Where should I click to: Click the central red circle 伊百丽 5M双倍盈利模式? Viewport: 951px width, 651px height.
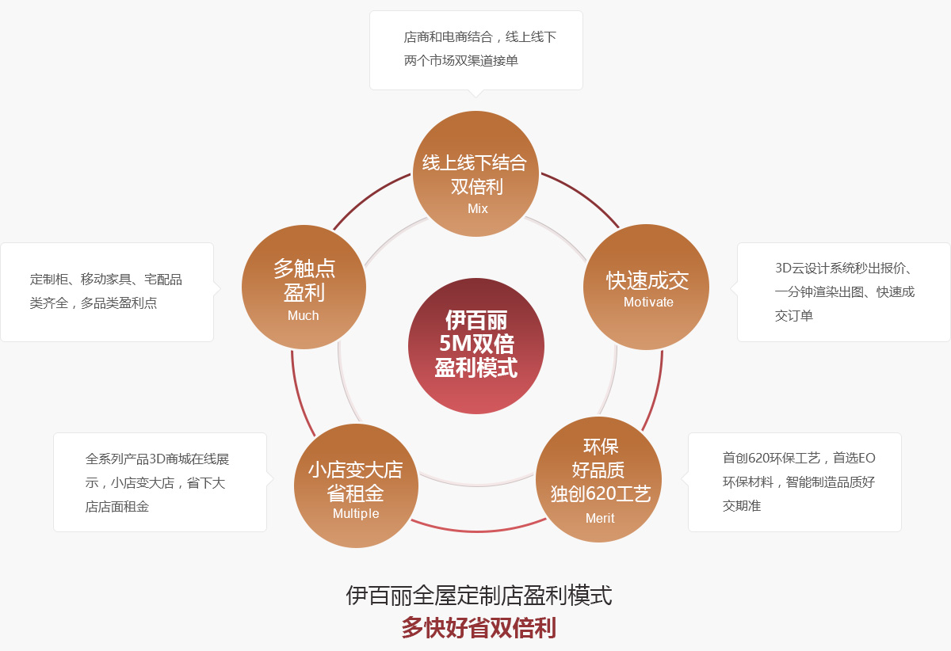tap(476, 346)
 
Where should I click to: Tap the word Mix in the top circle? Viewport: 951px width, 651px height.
tap(478, 209)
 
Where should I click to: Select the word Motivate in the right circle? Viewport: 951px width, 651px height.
tap(648, 303)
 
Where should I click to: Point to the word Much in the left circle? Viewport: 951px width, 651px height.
tap(303, 316)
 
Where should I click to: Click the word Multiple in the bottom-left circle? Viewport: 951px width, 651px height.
tap(356, 514)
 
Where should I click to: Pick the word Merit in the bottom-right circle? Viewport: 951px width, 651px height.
tap(600, 518)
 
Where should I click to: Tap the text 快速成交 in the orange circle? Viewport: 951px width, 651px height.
tap(647, 281)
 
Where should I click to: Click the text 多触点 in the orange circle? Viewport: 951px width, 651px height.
tap(304, 268)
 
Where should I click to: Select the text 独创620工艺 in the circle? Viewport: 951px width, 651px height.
tap(601, 494)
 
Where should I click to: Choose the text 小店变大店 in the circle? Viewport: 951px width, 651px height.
tap(355, 470)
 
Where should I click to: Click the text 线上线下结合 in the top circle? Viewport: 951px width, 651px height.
tap(475, 163)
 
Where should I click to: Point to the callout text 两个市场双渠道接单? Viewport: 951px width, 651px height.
tap(461, 61)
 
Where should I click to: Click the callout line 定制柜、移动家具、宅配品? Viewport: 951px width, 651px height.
tap(105, 280)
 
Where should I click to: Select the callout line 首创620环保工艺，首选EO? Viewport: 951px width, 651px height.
tap(799, 459)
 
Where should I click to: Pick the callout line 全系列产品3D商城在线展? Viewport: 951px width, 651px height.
tap(157, 459)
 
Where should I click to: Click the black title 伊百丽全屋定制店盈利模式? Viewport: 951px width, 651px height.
tap(479, 596)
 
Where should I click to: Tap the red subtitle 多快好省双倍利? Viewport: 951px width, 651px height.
tap(479, 628)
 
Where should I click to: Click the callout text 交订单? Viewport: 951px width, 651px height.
tap(794, 316)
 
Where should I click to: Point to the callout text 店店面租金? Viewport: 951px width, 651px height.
tap(117, 507)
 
